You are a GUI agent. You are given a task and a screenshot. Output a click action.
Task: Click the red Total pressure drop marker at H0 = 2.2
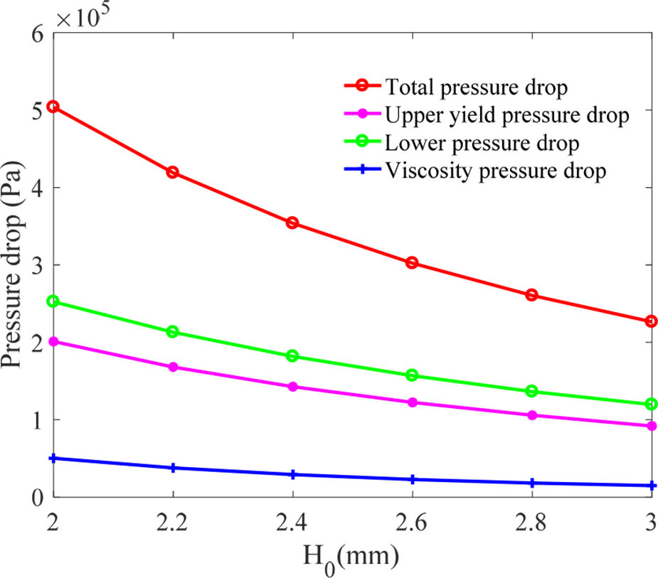pyautogui.click(x=173, y=173)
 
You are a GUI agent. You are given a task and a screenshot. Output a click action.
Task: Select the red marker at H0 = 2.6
pyautogui.click(x=412, y=263)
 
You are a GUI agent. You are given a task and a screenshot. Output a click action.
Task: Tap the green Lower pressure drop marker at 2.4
pyautogui.click(x=292, y=356)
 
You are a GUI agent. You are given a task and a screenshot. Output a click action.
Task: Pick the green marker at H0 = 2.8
pyautogui.click(x=532, y=392)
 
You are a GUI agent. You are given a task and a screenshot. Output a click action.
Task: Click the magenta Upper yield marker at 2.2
pyautogui.click(x=173, y=368)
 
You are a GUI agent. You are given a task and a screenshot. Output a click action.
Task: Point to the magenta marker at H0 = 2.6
pyautogui.click(x=412, y=402)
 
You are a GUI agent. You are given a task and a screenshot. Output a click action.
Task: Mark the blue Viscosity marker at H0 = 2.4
pyautogui.click(x=292, y=475)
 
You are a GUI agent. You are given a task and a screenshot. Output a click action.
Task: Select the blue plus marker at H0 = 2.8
pyautogui.click(x=532, y=483)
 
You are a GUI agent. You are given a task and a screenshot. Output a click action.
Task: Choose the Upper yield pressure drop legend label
pyautogui.click(x=506, y=115)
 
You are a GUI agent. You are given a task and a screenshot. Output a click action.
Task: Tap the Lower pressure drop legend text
pyautogui.click(x=482, y=142)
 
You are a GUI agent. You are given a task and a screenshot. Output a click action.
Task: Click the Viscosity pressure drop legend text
pyautogui.click(x=495, y=170)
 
